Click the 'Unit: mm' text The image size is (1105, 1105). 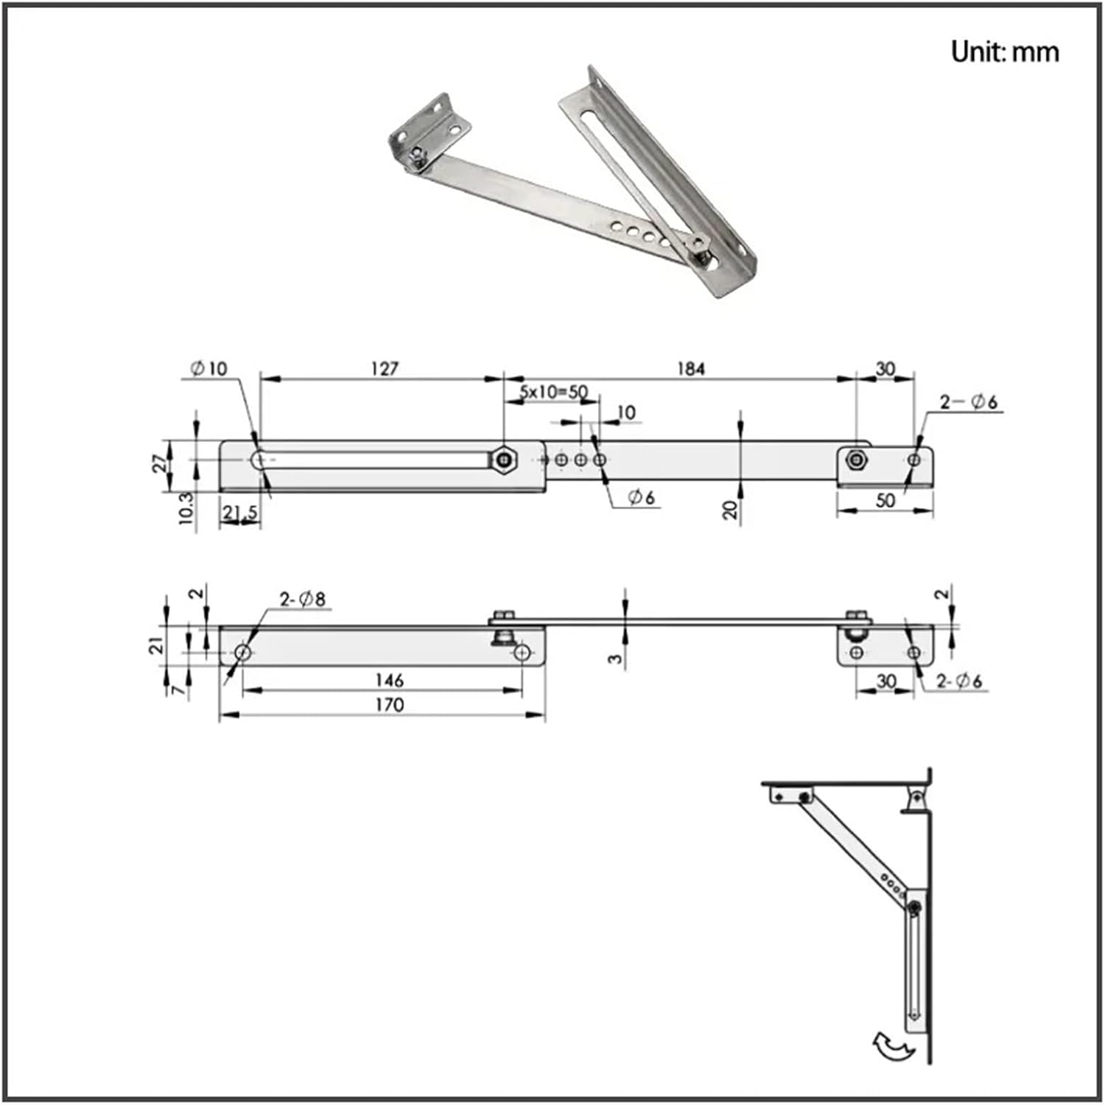[1005, 52]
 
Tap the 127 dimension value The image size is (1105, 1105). [384, 368]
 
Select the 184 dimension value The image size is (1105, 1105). [690, 368]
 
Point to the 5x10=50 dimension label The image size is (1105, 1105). [554, 391]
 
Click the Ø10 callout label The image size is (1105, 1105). [209, 368]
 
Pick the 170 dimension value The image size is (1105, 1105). [389, 705]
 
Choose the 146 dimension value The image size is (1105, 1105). [389, 679]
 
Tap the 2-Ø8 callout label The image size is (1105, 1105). [302, 599]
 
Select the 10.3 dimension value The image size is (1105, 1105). [186, 509]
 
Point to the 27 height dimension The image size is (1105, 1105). [160, 464]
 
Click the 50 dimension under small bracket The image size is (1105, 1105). [885, 500]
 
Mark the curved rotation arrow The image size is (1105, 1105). [893, 1046]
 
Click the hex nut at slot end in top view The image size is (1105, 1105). [504, 460]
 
